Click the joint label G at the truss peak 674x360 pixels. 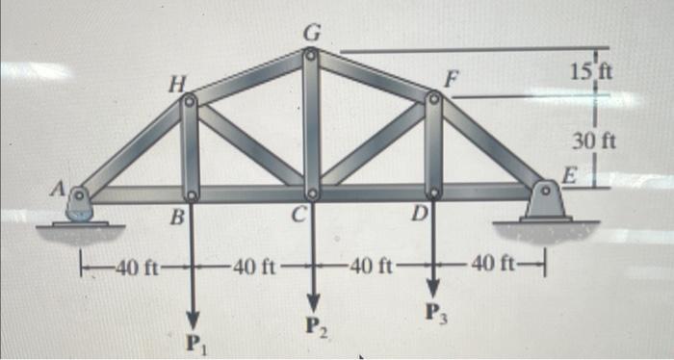tap(310, 32)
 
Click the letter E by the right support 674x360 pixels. tap(568, 177)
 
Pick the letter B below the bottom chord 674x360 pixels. tap(176, 218)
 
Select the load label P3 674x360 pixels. tap(434, 312)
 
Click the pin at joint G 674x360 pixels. tap(310, 54)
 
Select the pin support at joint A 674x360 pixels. tap(81, 201)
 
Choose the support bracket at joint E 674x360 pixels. tap(546, 199)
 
